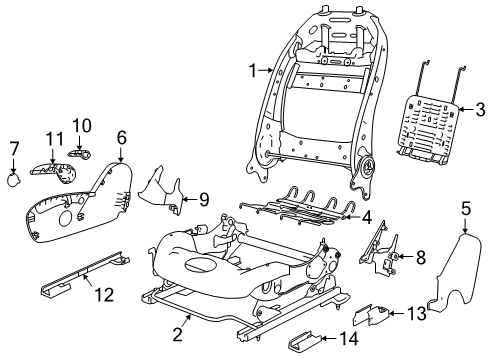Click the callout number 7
pyautogui.click(x=14, y=149)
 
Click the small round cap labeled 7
pyautogui.click(x=17, y=180)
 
